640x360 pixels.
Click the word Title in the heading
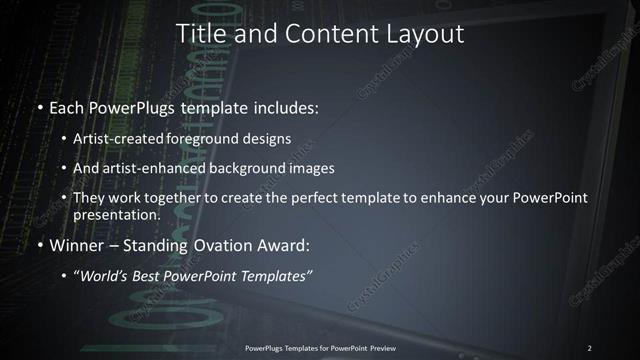pos(200,33)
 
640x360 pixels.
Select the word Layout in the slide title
pos(426,33)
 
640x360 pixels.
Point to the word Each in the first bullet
pos(67,105)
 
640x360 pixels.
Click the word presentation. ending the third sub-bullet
pos(116,214)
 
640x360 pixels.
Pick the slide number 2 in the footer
pos(589,347)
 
